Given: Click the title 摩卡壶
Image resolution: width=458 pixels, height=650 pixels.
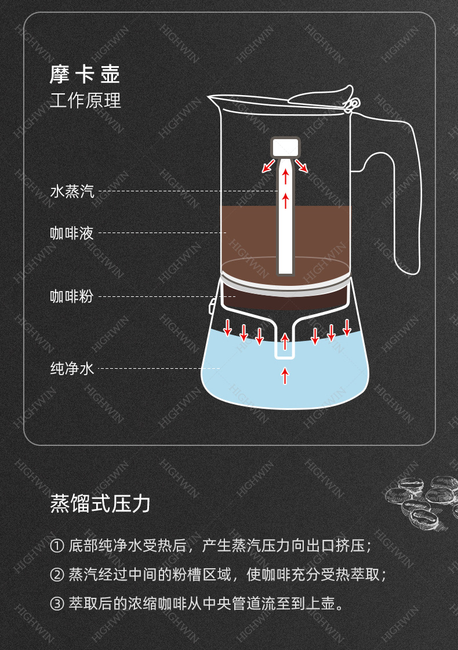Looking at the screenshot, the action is pos(85,75).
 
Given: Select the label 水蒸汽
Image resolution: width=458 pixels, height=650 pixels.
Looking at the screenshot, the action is pos(72,191).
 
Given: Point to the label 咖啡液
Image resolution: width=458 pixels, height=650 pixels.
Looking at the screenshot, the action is pos(72,233).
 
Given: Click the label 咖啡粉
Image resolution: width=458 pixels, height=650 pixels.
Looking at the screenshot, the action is pos(72,296).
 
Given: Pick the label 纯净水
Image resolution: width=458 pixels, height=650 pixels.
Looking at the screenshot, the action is pos(72,368).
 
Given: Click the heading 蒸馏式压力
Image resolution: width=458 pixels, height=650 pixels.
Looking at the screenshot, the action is pos(100,503).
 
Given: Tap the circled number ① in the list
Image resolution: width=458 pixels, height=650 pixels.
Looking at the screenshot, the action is pos(57,546).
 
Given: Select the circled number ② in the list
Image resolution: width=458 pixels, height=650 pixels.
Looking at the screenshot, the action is pos(57,575).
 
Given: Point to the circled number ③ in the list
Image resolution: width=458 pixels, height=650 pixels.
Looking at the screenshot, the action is pos(57,604).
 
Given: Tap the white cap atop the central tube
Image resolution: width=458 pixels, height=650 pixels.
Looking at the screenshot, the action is pos(285,146).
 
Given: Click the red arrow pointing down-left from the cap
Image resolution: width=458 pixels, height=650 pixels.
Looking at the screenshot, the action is pos(268,166).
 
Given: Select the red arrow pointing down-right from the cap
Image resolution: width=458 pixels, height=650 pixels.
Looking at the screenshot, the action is pos(301,166).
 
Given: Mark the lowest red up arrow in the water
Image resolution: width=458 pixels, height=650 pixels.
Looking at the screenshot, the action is pos(285,376).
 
